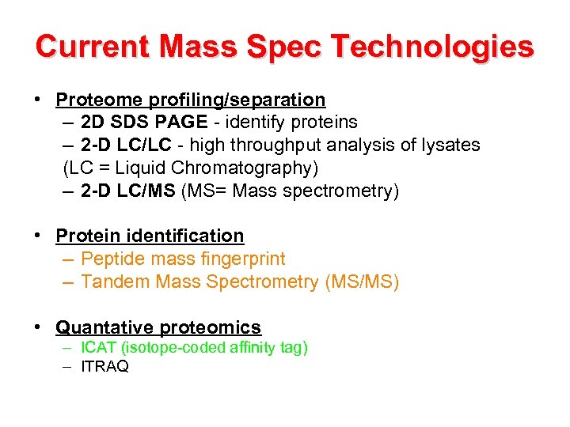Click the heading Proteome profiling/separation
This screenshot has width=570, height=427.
click(x=190, y=100)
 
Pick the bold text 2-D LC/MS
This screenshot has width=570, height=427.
click(x=128, y=191)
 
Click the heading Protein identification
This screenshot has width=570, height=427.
click(x=150, y=236)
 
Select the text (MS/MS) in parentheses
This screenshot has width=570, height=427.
click(x=362, y=282)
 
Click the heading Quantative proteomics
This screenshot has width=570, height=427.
click(x=158, y=327)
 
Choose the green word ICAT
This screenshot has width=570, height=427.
click(x=96, y=348)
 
